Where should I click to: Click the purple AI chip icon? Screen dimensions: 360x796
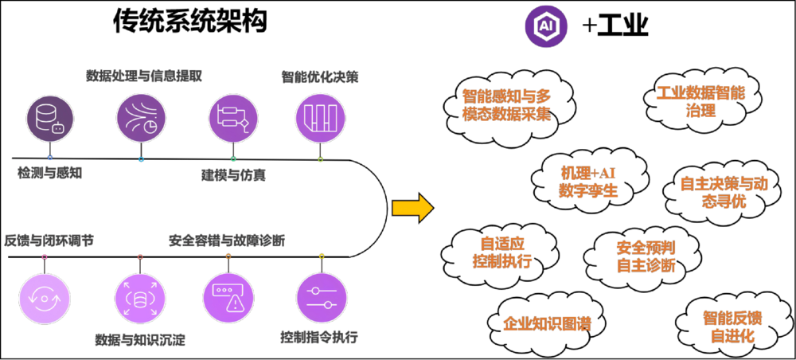[545, 25]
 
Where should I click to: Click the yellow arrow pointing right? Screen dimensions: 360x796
[412, 209]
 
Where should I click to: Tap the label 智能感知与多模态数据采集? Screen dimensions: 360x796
[506, 105]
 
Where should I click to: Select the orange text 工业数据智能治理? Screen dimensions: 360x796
[700, 102]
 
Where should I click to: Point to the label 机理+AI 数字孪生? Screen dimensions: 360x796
[588, 182]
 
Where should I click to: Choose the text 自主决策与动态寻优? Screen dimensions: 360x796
[724, 192]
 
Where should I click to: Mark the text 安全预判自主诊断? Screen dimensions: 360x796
[646, 256]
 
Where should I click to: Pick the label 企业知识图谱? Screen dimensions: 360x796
[547, 323]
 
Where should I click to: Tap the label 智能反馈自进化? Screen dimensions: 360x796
[732, 327]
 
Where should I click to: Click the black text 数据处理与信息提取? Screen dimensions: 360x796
[144, 76]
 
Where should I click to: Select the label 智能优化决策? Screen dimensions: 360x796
[320, 77]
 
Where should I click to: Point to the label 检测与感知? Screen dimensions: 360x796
[49, 172]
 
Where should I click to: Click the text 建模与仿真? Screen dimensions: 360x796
[233, 174]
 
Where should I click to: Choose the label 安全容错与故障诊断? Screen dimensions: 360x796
[227, 240]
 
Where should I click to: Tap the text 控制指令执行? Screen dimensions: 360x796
[318, 336]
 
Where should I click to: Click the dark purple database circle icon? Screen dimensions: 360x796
[49, 118]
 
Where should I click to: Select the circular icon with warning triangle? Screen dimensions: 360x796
[228, 298]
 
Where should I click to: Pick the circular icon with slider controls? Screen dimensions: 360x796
[321, 298]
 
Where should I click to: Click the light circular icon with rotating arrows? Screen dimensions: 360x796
[45, 298]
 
